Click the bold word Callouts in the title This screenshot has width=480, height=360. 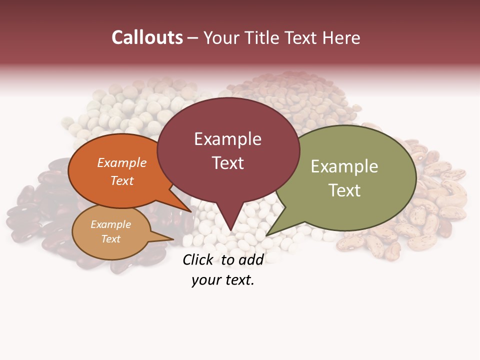[x=147, y=37]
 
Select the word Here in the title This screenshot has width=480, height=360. [x=341, y=37]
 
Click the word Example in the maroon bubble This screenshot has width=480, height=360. [x=227, y=139]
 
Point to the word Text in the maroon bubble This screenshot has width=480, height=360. [x=227, y=163]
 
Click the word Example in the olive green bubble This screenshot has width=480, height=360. [x=344, y=166]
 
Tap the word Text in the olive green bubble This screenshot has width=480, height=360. [x=344, y=190]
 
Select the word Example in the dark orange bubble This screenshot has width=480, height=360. [x=122, y=162]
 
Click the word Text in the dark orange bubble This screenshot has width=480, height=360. [x=122, y=180]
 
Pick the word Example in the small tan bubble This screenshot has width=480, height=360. [x=110, y=224]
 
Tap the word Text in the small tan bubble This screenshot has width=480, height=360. [x=110, y=239]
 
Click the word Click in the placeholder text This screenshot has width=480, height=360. [x=197, y=259]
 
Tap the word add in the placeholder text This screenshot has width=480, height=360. [x=250, y=259]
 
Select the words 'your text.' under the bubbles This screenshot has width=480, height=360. [x=222, y=280]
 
